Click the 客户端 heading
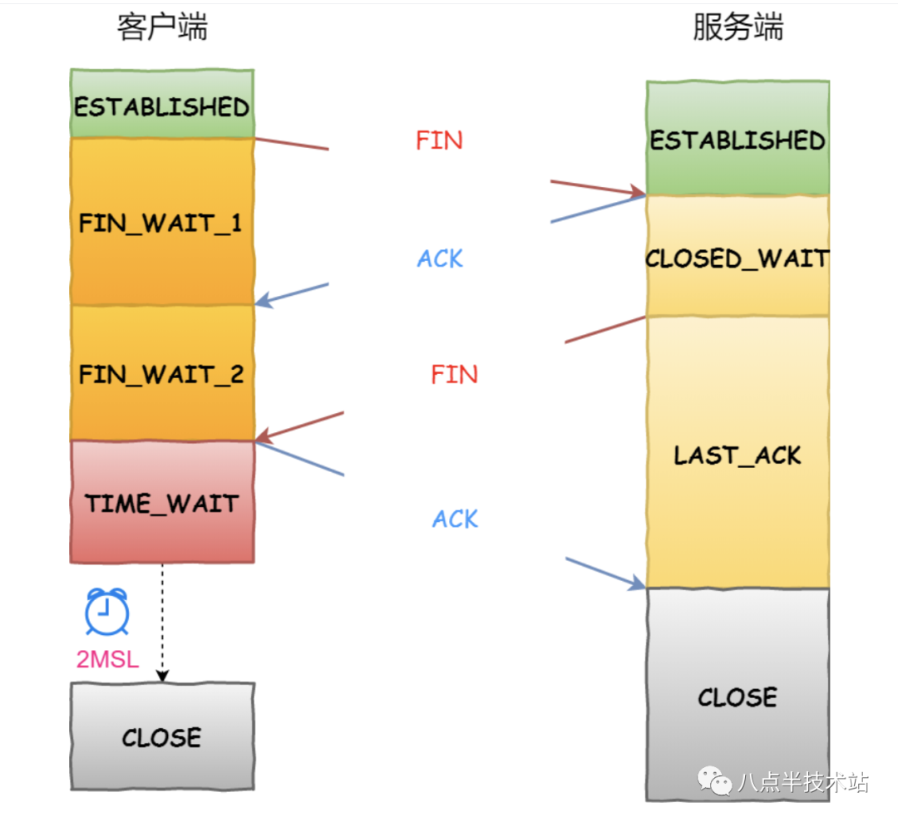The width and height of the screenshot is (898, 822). click(x=162, y=27)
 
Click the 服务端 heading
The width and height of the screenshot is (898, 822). click(x=738, y=27)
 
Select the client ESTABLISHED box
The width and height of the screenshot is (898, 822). click(x=162, y=106)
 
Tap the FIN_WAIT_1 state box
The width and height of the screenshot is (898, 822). click(x=162, y=222)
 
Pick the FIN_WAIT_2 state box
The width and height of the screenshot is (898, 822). click(x=162, y=373)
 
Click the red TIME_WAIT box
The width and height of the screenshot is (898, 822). click(x=162, y=502)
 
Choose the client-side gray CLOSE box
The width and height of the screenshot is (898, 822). click(x=162, y=736)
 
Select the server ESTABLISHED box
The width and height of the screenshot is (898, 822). click(x=738, y=139)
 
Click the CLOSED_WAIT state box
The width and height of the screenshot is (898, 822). click(x=738, y=257)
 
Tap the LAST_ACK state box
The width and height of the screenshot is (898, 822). click(x=738, y=454)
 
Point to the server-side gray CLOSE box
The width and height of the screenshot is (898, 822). click(x=738, y=695)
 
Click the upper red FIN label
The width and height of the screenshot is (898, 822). click(x=439, y=140)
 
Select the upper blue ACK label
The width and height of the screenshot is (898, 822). click(x=440, y=258)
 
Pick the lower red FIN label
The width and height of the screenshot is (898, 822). click(x=454, y=374)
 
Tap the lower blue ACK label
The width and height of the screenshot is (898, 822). click(x=455, y=519)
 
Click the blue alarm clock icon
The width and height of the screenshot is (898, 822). click(x=107, y=612)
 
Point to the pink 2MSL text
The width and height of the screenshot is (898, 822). click(x=107, y=659)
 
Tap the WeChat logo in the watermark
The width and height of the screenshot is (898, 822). click(x=713, y=780)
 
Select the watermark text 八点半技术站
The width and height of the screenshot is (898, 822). click(x=802, y=782)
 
